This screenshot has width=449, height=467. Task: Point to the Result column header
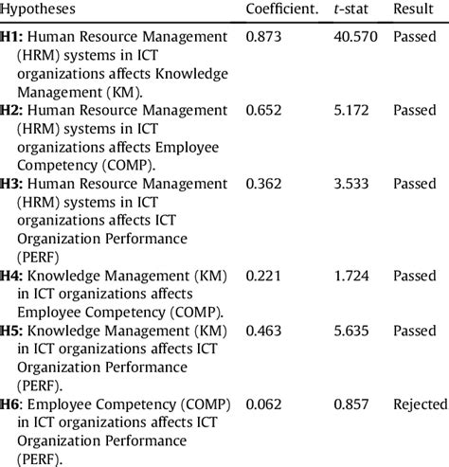(414, 9)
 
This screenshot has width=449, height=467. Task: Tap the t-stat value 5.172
(350, 110)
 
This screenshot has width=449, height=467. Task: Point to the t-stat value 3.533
(350, 184)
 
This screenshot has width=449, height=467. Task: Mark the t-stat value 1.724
(350, 275)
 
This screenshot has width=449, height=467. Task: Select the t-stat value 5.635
(350, 331)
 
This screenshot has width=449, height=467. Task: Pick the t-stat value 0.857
(350, 404)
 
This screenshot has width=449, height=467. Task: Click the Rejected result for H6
(420, 404)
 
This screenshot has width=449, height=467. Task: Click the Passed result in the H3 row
(415, 184)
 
